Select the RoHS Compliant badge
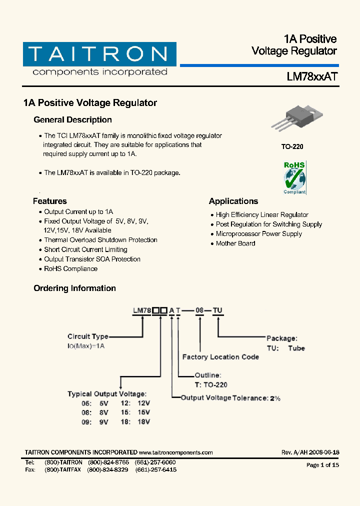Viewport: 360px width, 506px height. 294,177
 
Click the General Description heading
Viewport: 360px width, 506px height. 72,120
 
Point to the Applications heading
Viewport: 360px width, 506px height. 233,201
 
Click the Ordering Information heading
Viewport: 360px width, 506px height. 74,288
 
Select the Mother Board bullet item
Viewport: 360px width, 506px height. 235,243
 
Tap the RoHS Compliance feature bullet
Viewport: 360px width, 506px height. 70,269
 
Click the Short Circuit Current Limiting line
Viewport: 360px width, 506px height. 85,249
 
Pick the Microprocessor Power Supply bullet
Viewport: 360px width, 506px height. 259,234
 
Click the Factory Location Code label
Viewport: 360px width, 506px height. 220,357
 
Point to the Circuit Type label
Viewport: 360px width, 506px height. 88,336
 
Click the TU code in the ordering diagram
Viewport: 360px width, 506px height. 217,310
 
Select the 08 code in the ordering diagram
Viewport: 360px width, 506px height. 199,310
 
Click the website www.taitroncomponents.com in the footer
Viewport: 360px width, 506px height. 175,452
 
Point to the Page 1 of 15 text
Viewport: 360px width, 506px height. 322,465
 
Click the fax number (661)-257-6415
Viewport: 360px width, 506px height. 156,470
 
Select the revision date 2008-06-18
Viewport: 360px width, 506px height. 323,452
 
